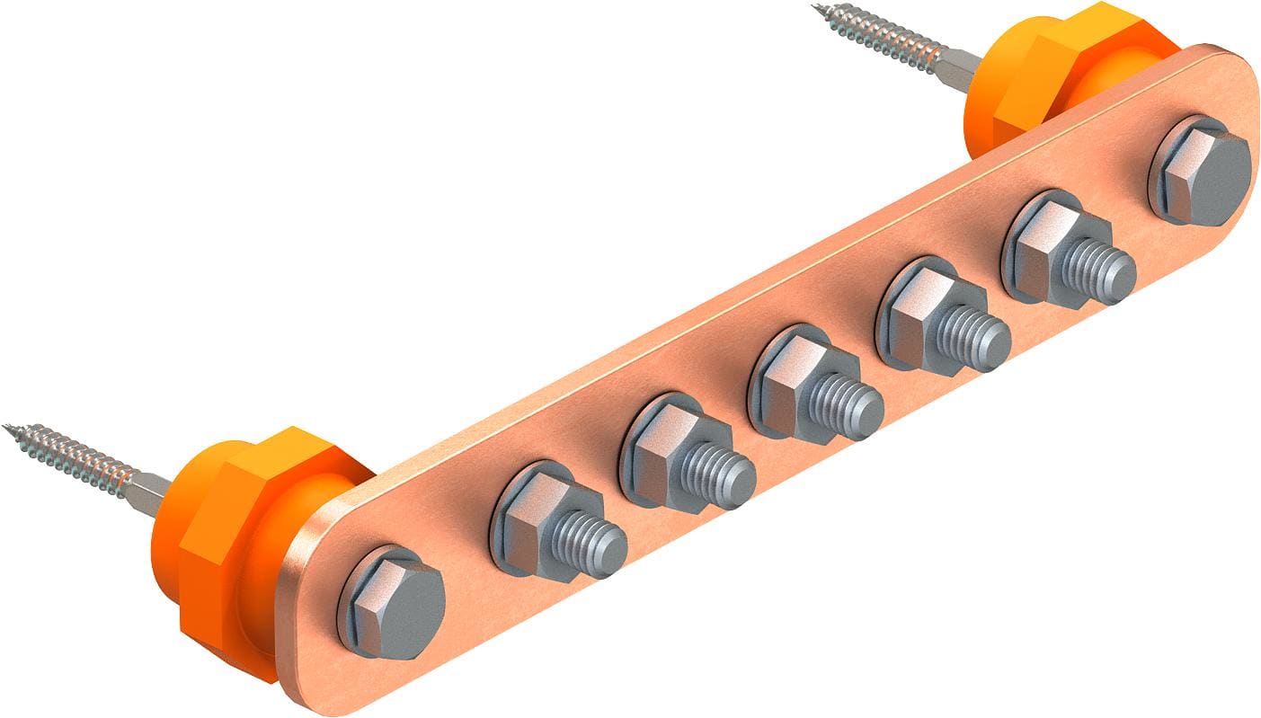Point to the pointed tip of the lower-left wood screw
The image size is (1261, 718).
7,428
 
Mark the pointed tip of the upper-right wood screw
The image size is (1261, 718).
817,9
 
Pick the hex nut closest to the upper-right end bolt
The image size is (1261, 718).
1041,241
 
